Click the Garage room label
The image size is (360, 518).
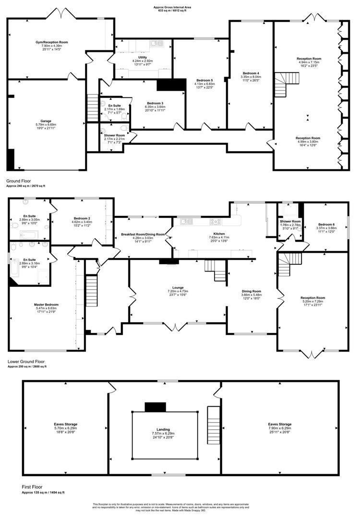46,121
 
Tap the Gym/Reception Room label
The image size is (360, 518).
52,42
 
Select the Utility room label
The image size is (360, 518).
143,57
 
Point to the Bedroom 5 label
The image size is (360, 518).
204,80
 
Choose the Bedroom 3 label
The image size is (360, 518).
155,103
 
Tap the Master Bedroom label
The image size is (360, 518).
46,305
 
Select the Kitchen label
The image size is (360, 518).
219,234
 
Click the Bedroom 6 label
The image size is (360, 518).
326,224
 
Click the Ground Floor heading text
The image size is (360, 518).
19,181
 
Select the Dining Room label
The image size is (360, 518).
251,291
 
